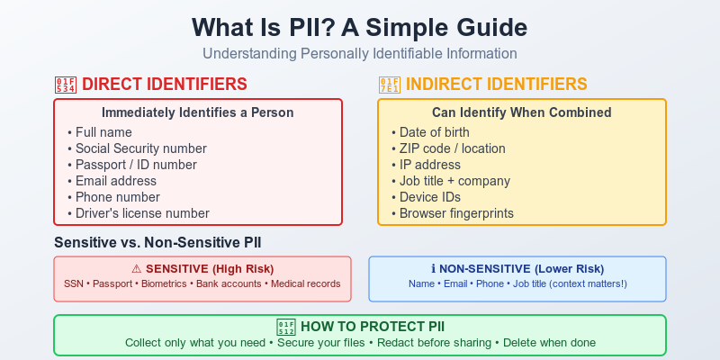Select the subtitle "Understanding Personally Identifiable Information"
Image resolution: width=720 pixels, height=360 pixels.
360,53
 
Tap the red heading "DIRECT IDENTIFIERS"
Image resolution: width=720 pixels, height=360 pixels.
164,85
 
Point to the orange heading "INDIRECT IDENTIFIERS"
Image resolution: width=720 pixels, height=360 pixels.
497,85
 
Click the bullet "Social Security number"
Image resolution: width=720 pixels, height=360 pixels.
140,148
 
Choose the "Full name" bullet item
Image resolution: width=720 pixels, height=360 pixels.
104,132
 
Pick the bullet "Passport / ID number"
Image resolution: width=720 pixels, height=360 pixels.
136,165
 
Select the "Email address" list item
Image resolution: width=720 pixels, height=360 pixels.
115,181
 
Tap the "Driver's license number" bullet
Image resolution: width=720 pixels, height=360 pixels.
142,213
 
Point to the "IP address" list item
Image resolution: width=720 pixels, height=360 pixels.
430,165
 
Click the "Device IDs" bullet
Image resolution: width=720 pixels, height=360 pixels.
431,197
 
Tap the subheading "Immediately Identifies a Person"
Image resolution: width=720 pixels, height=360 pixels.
197,112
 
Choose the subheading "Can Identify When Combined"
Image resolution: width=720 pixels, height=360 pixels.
521,112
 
